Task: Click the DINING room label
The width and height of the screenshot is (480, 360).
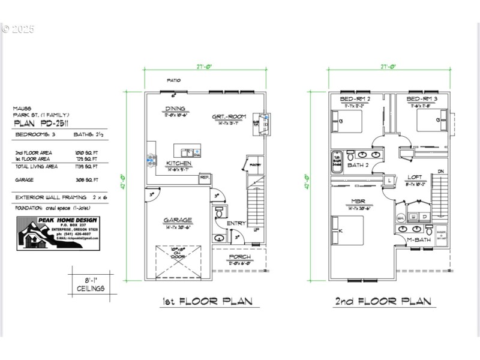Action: pyautogui.click(x=175, y=109)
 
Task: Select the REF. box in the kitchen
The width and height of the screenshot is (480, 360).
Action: pyautogui.click(x=204, y=177)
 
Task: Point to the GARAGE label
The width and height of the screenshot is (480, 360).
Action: pyautogui.click(x=177, y=220)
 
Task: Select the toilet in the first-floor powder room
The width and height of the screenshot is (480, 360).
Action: pyautogui.click(x=220, y=212)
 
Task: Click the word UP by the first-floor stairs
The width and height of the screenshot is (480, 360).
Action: pyautogui.click(x=256, y=230)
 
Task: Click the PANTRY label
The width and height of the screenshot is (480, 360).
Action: pyautogui.click(x=254, y=163)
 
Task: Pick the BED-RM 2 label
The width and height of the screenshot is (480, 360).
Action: pyautogui.click(x=355, y=98)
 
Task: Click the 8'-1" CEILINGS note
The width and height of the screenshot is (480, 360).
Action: pyautogui.click(x=90, y=284)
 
